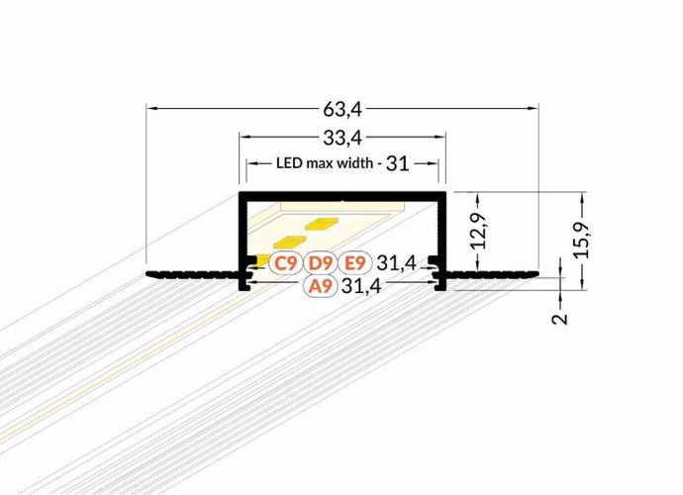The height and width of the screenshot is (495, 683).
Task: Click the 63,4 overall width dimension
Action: point(341,96)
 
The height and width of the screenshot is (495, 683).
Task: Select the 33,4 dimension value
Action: point(341,135)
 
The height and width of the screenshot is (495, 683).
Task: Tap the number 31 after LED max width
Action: point(398,163)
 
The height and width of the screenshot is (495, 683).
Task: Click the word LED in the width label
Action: point(289,163)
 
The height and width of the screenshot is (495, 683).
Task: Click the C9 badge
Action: point(286,263)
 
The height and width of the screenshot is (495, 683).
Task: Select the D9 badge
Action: point(320,263)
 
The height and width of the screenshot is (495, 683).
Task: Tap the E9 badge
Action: point(354,263)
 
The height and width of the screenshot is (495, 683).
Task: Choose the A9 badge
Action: point(320,287)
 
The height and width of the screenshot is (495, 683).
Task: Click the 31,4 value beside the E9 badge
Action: point(395,263)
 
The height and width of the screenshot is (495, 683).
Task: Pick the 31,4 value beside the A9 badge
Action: point(361,287)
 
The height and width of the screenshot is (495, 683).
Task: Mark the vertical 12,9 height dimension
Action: point(478,231)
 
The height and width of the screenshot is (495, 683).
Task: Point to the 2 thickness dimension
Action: point(560,319)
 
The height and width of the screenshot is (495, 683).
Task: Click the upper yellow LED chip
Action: point(322,225)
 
